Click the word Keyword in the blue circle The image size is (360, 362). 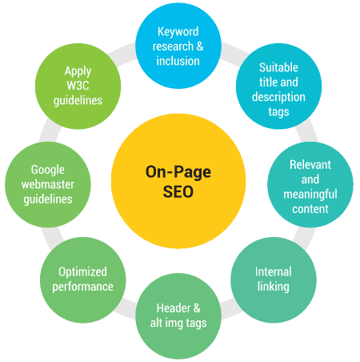point(178,32)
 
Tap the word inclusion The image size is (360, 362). point(178,61)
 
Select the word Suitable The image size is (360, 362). point(278,67)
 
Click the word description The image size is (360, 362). point(278,98)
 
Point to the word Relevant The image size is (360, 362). point(310,165)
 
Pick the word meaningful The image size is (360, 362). point(310,195)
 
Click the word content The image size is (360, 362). point(310,209)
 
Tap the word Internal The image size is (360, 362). point(274,272)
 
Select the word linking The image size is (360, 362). point(274,287)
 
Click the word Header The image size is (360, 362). point(174,308)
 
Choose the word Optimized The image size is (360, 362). point(82,272)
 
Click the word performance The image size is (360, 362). point(82,288)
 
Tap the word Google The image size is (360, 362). point(48,170)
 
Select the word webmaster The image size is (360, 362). point(48,184)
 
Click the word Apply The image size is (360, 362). point(78,71)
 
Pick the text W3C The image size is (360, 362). point(78,86)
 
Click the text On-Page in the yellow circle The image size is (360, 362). point(178,172)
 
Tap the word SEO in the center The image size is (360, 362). point(178,191)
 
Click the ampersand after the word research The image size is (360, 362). point(200,46)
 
